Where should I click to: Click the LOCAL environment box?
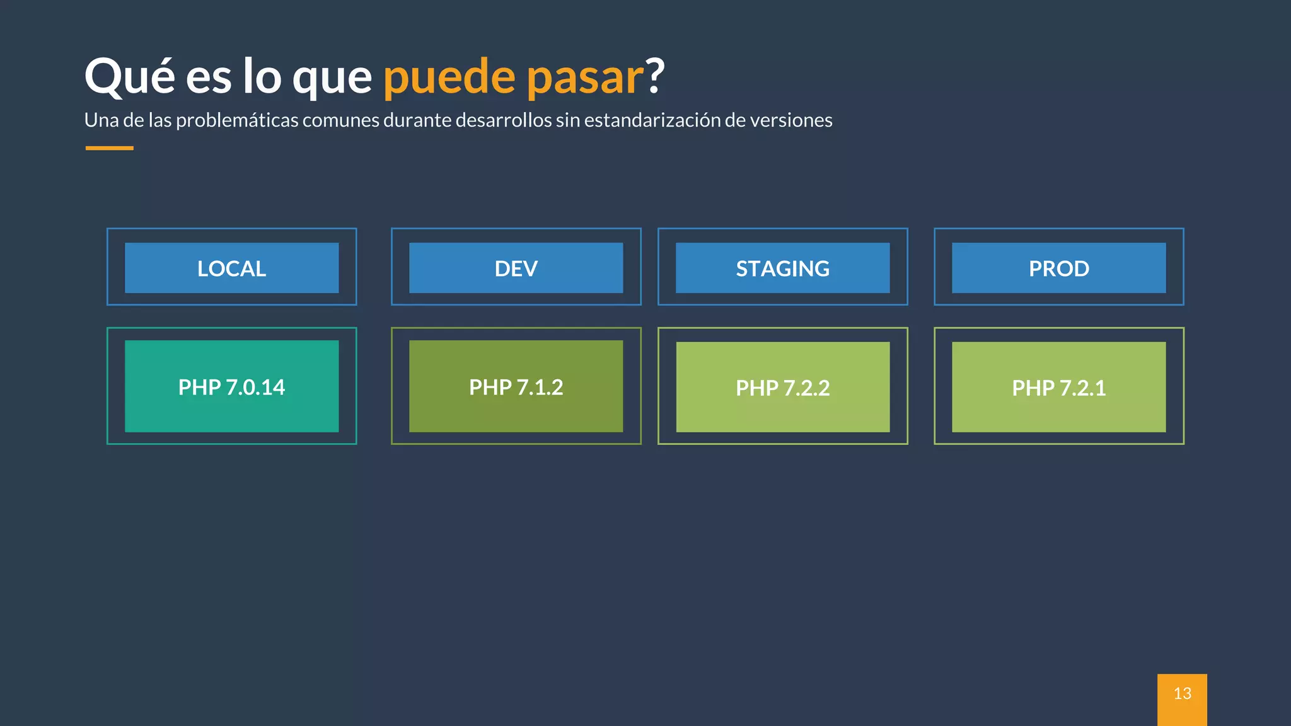tap(231, 268)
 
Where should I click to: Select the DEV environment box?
tap(516, 268)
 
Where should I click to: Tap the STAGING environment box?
tap(782, 268)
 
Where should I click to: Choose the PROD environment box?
tap(1058, 268)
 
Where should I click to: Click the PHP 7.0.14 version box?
tap(231, 386)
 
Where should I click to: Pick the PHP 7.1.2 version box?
tap(516, 386)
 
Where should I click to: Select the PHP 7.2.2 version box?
tap(782, 387)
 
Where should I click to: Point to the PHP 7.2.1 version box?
tap(1058, 387)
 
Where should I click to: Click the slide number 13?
tap(1182, 694)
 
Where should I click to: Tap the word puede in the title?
tap(449, 77)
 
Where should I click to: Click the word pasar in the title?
tap(584, 77)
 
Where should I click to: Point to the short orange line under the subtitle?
tap(109, 148)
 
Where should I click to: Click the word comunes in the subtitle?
tap(340, 120)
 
